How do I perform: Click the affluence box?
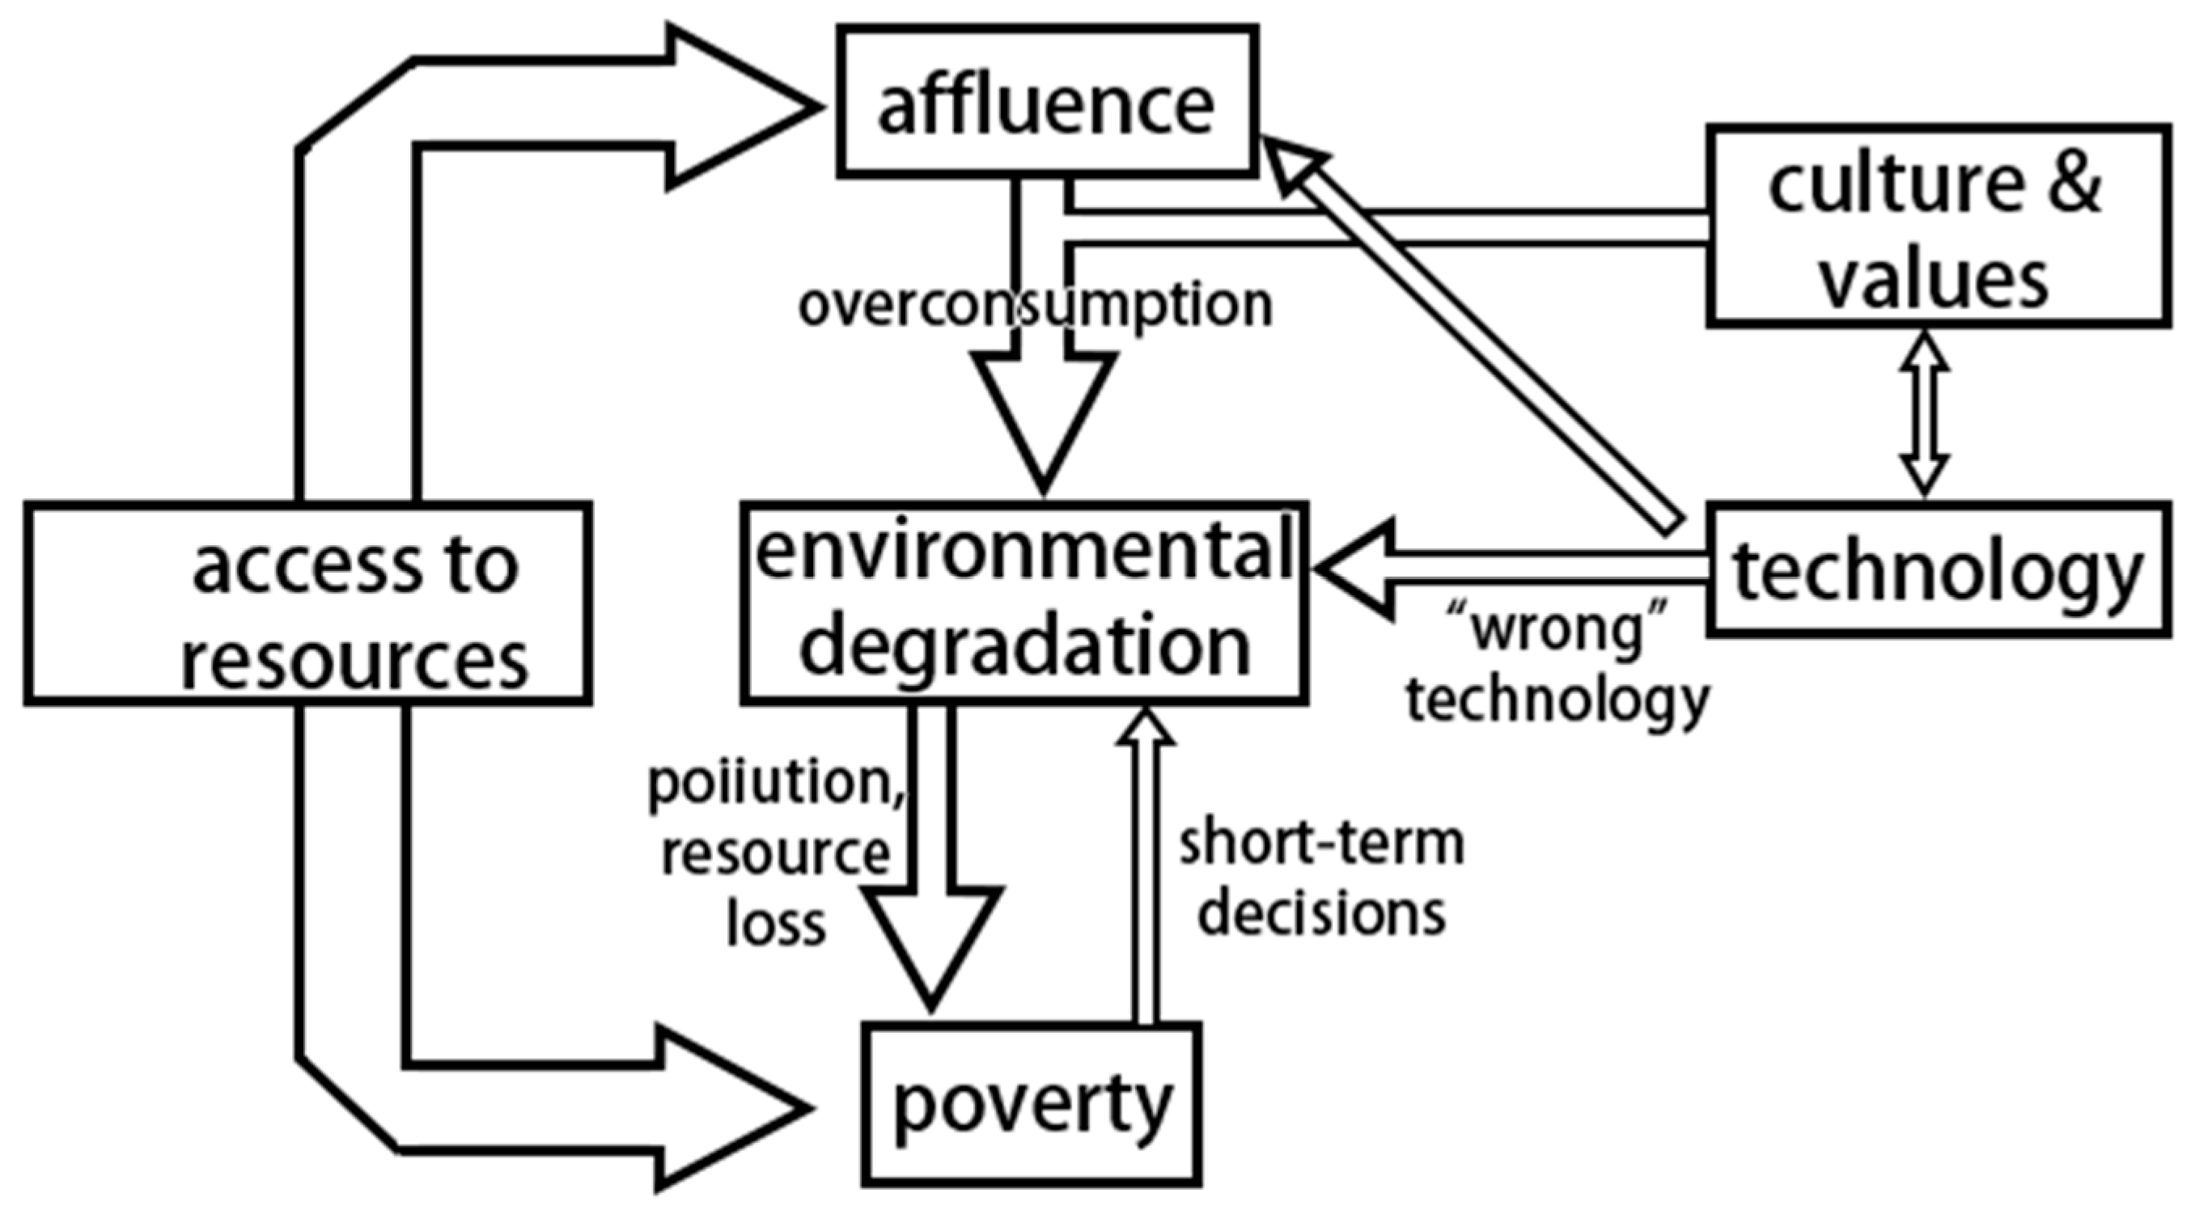point(1047,102)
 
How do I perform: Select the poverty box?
point(1032,1104)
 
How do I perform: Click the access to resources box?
point(308,602)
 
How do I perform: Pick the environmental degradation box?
point(1024,602)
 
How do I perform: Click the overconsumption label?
point(1035,304)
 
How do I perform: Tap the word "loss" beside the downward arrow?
point(776,924)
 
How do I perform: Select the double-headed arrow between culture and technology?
point(1925,413)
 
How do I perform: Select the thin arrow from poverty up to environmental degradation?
point(1145,867)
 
